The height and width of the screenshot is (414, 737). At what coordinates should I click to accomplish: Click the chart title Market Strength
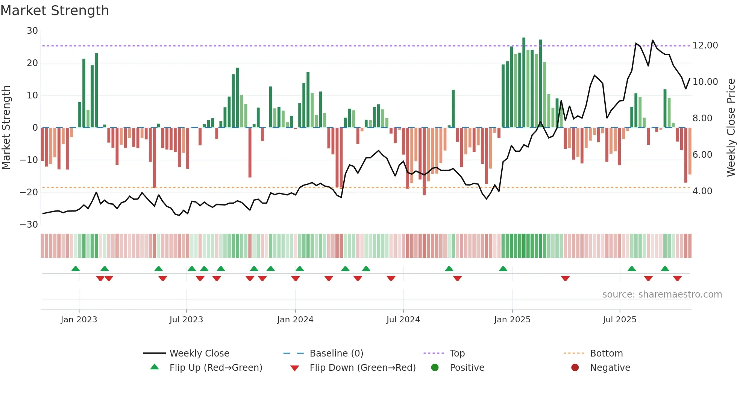(x=55, y=11)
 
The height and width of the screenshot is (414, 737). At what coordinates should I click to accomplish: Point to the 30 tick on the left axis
(x=32, y=31)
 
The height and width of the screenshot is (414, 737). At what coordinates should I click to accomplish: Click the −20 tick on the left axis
(x=29, y=192)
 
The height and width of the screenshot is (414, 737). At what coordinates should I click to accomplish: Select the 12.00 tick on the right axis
(x=705, y=45)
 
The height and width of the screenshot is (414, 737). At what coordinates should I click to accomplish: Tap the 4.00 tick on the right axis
(x=702, y=191)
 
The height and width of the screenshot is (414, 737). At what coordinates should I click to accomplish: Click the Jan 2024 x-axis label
(x=295, y=320)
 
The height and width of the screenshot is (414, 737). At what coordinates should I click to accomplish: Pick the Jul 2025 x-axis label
(x=619, y=320)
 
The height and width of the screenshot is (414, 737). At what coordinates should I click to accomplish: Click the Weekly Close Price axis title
(x=731, y=128)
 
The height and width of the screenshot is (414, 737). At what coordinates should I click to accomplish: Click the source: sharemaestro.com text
(x=662, y=295)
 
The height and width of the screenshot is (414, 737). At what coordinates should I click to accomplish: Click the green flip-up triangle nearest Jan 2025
(x=503, y=269)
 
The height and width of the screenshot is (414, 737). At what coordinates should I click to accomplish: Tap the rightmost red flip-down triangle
(x=678, y=278)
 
